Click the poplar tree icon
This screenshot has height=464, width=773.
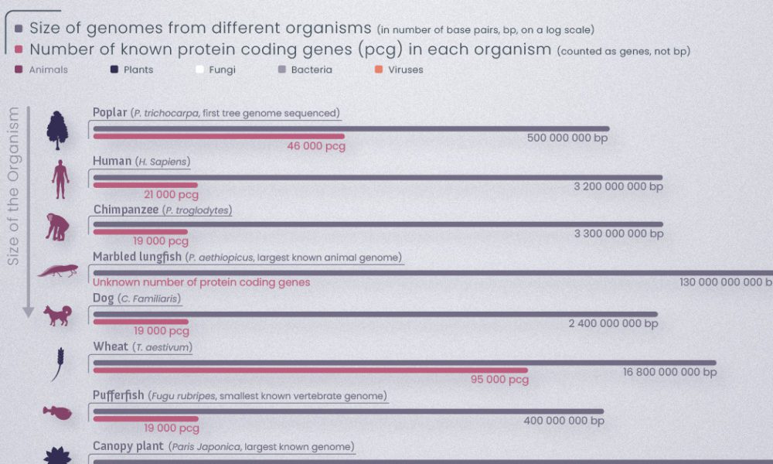(57, 130)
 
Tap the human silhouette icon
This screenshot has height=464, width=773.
(60, 179)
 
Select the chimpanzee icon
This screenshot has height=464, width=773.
(57, 227)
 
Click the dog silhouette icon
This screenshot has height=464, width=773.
(57, 315)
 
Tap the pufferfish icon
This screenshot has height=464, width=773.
(57, 412)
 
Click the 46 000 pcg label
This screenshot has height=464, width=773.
(315, 146)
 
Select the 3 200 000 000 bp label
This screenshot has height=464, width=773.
(618, 186)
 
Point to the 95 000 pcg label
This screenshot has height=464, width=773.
(499, 380)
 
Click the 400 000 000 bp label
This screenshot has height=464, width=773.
(564, 421)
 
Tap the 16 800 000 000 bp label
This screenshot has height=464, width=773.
(669, 372)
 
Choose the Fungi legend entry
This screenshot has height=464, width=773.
(216, 70)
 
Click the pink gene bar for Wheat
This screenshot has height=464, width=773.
(309, 370)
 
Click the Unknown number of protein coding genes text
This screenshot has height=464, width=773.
(201, 282)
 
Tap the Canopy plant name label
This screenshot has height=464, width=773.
(128, 446)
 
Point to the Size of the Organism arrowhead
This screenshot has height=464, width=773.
(28, 312)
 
